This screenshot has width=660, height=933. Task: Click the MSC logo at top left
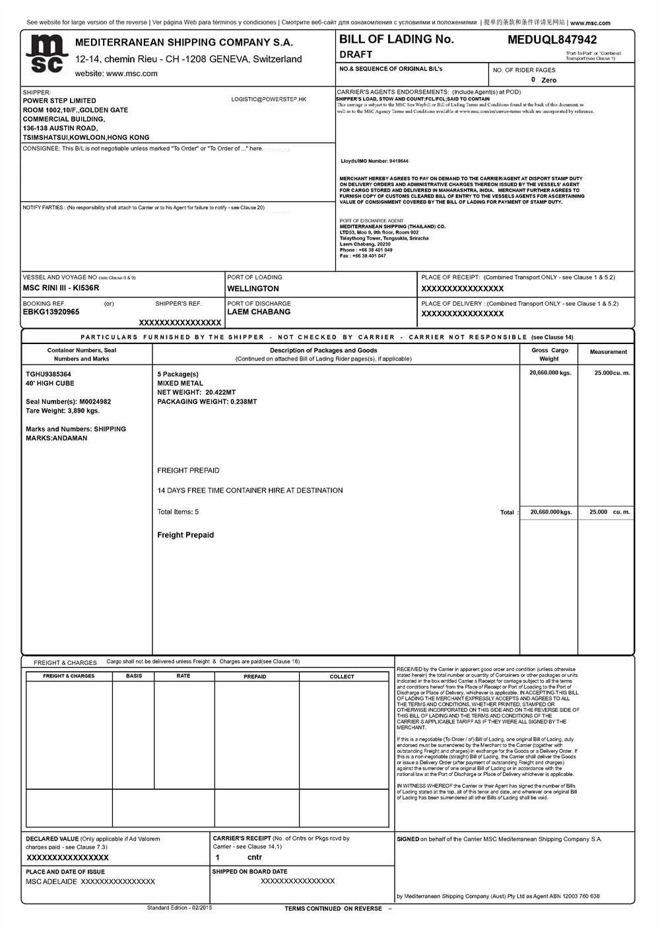coord(47,54)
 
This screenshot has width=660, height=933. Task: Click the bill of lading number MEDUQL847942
coord(552,40)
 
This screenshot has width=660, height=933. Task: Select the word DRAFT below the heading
coord(356,55)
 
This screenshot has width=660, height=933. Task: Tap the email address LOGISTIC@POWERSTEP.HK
coord(269,99)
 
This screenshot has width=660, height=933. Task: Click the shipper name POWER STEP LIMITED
coord(59,101)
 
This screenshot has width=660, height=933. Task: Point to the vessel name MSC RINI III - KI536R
coord(61,288)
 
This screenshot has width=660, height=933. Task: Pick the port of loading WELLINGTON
coord(253,289)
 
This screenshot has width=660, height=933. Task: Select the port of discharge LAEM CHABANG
coord(259,312)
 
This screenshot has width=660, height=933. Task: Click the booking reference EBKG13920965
coord(51,312)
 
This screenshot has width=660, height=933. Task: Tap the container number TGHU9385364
coord(48,374)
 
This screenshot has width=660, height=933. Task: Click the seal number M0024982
coord(95,401)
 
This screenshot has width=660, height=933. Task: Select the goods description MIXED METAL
coord(180,383)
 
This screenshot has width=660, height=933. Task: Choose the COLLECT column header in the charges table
coord(342,677)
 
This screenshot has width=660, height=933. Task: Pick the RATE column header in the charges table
coord(183,676)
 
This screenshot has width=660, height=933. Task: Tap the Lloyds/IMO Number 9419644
coord(399,161)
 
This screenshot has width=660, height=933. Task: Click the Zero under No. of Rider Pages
coord(548,81)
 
